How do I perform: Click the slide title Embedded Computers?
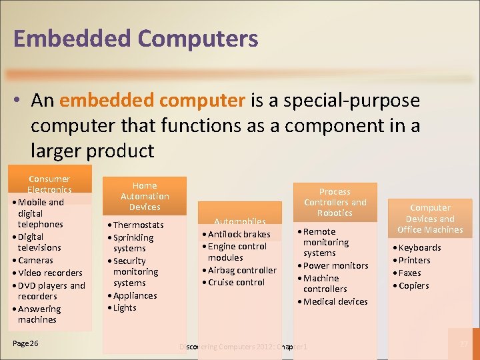(135, 39)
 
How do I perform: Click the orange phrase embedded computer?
(152, 101)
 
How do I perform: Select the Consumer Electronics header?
(49, 185)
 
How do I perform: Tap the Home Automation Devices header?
(145, 196)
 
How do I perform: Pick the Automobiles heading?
(239, 221)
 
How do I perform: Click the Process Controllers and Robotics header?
(335, 202)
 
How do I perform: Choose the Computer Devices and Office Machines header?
(430, 219)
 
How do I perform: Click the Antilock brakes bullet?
(239, 234)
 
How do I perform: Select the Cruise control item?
(236, 282)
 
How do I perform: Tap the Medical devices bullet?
(335, 301)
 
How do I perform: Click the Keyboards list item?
(419, 247)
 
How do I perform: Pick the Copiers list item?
(413, 285)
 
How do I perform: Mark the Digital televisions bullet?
(40, 242)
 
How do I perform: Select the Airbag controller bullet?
(241, 270)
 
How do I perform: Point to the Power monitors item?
(335, 265)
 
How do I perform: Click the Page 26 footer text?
(25, 343)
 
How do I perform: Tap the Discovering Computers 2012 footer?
(244, 347)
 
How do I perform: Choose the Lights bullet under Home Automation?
(124, 307)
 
